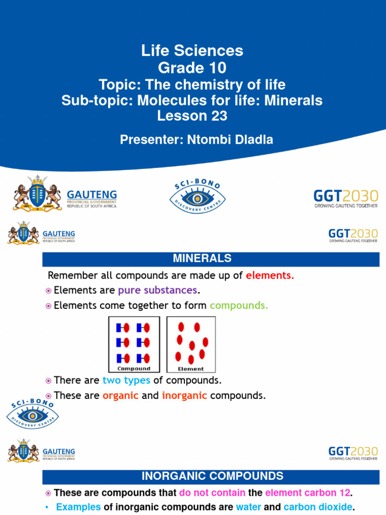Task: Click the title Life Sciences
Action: click(x=192, y=51)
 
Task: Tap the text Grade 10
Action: click(x=192, y=67)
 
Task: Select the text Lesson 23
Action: click(x=192, y=116)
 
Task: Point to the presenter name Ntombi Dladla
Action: click(x=226, y=140)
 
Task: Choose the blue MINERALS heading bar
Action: click(x=211, y=259)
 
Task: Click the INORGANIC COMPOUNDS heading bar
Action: click(x=211, y=476)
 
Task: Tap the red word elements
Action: click(x=270, y=276)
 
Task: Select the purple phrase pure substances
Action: click(x=157, y=291)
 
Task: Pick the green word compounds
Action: click(x=239, y=305)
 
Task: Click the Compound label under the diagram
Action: click(x=134, y=369)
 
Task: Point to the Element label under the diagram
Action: click(x=191, y=369)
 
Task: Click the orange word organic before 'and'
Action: click(x=121, y=396)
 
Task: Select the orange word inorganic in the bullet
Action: click(x=184, y=396)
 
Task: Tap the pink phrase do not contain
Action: click(x=212, y=493)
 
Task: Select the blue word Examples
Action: click(x=78, y=507)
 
